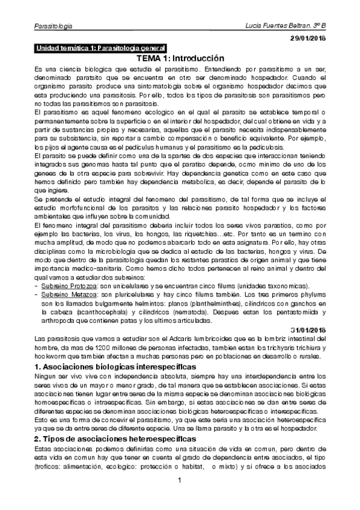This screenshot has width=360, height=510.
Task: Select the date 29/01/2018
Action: (308, 38)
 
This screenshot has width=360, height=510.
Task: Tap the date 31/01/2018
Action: (308, 331)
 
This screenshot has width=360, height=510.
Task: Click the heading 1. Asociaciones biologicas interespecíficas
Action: (115, 366)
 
